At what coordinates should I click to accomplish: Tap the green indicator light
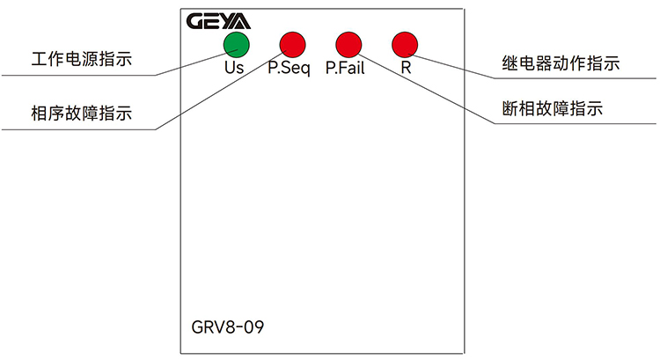coord(236,44)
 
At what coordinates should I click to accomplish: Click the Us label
coord(234,67)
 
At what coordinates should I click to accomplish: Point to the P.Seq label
coord(290,68)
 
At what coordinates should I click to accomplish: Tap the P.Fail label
coord(345,68)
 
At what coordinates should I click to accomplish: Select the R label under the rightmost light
coord(406,67)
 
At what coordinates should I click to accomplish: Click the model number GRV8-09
coord(227,328)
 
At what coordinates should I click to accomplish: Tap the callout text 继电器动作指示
coord(554,63)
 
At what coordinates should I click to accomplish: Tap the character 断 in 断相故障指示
coord(509,110)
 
